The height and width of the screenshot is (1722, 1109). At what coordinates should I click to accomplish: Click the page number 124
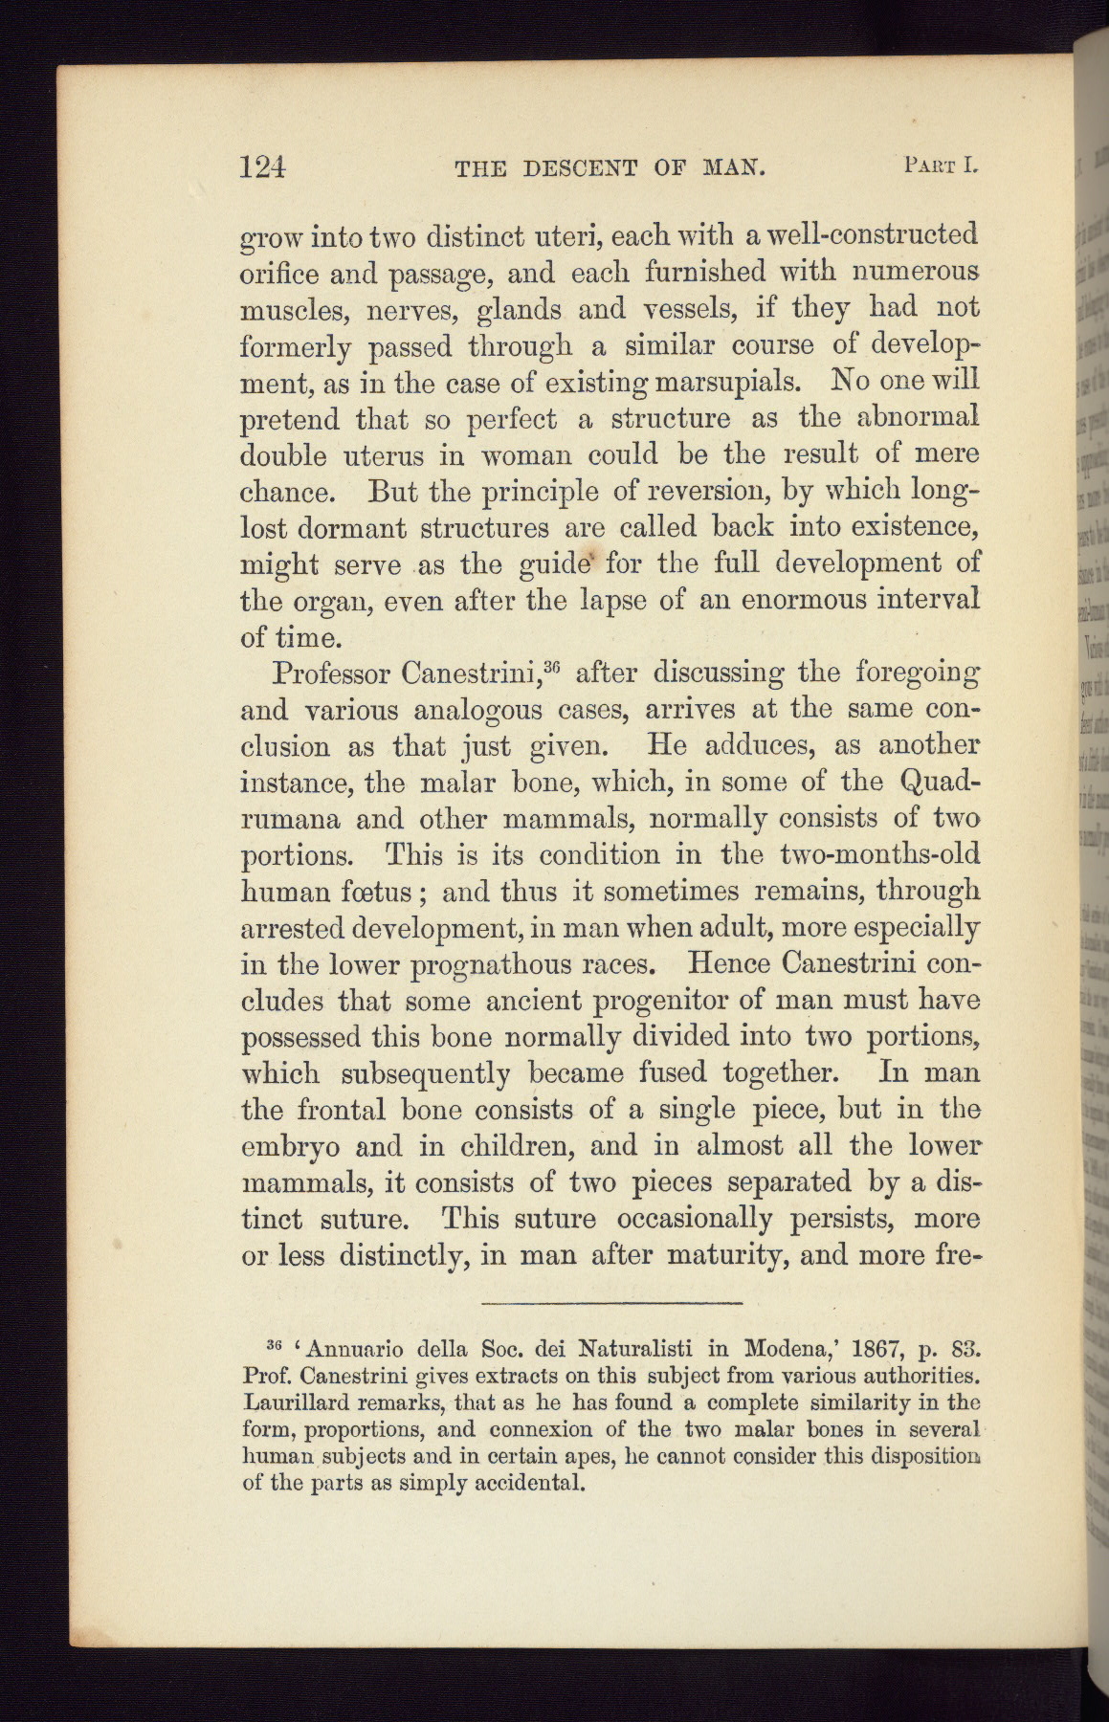point(262,168)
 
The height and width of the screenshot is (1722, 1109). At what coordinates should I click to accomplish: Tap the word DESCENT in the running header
point(581,169)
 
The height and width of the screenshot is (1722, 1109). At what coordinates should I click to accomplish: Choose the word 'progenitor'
point(663,1001)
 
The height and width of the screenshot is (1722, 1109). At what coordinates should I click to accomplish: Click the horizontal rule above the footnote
point(612,1303)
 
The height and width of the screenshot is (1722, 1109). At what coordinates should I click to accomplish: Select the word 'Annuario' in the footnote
point(358,1350)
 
